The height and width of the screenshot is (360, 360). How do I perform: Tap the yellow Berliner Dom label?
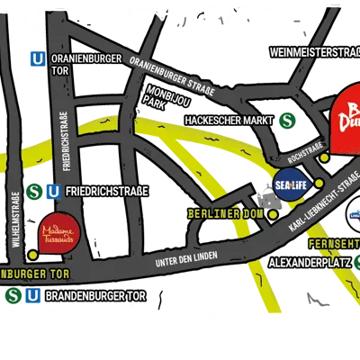(225, 214)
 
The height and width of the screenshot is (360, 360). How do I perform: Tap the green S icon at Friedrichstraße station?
(34, 191)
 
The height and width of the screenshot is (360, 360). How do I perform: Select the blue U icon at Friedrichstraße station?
(53, 191)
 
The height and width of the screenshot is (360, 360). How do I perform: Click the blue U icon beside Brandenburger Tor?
(32, 295)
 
